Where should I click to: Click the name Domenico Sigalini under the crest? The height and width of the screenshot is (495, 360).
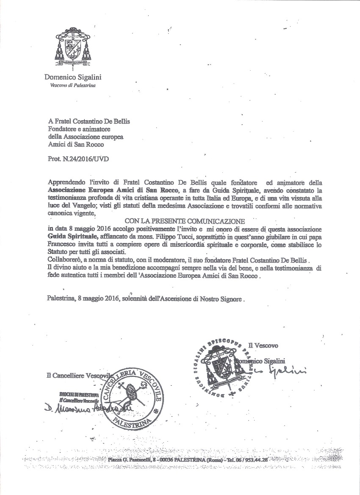pos(73,77)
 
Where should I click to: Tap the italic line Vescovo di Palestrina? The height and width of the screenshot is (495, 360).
pos(73,85)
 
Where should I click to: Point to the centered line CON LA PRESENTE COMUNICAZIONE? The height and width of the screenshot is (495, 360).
pos(185,221)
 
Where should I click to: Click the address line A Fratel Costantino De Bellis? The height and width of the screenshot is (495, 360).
pos(89,121)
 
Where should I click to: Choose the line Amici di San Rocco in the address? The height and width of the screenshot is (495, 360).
pos(76,145)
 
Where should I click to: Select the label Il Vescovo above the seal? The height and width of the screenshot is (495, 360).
pos(263,346)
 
